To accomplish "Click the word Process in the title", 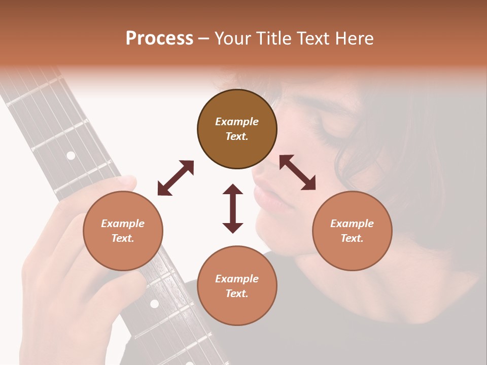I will [159, 39].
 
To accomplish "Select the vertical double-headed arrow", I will [233, 208].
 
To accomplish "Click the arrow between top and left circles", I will [176, 178].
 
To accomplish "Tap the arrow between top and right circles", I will [297, 173].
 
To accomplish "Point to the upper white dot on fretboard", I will [71, 156].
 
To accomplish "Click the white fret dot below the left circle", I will [154, 304].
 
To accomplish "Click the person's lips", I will [264, 190].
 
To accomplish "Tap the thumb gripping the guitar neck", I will [124, 182].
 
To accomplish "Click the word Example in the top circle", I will [237, 122].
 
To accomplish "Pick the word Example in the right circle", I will [352, 224].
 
